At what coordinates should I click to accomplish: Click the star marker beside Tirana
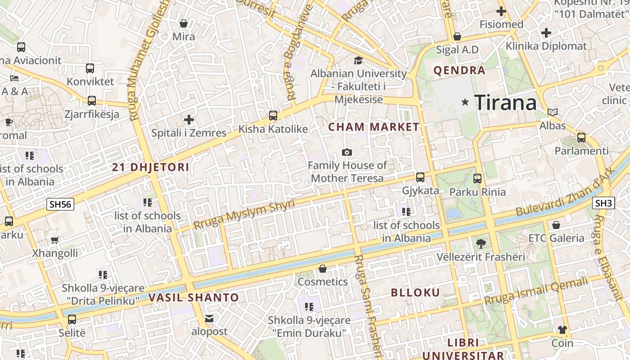pyautogui.click(x=465, y=103)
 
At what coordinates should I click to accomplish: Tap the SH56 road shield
pyautogui.click(x=61, y=204)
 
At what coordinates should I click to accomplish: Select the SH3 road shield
pyautogui.click(x=603, y=203)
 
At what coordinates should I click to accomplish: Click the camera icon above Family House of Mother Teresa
pyautogui.click(x=346, y=152)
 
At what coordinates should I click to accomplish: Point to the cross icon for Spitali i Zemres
pyautogui.click(x=189, y=120)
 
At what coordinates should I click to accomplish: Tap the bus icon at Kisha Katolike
pyautogui.click(x=273, y=115)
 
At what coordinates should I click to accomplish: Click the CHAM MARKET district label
pyautogui.click(x=373, y=127)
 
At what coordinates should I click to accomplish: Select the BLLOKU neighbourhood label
pyautogui.click(x=415, y=292)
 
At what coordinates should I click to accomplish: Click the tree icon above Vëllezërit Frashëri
pyautogui.click(x=481, y=244)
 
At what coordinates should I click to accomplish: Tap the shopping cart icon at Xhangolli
pyautogui.click(x=55, y=240)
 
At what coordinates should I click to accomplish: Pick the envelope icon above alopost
pyautogui.click(x=209, y=319)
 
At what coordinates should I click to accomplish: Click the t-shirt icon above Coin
pyautogui.click(x=562, y=330)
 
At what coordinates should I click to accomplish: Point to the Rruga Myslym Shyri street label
pyautogui.click(x=244, y=215)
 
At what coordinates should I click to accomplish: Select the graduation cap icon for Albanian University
pyautogui.click(x=358, y=60)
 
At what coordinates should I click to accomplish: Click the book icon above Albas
pyautogui.click(x=553, y=112)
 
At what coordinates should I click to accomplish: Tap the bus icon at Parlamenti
pyautogui.click(x=581, y=137)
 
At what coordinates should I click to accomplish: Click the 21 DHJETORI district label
pyautogui.click(x=150, y=167)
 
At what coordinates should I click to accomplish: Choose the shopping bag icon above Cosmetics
pyautogui.click(x=322, y=269)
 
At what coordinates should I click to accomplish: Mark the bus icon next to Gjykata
pyautogui.click(x=420, y=177)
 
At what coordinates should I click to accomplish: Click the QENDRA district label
pyautogui.click(x=459, y=70)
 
